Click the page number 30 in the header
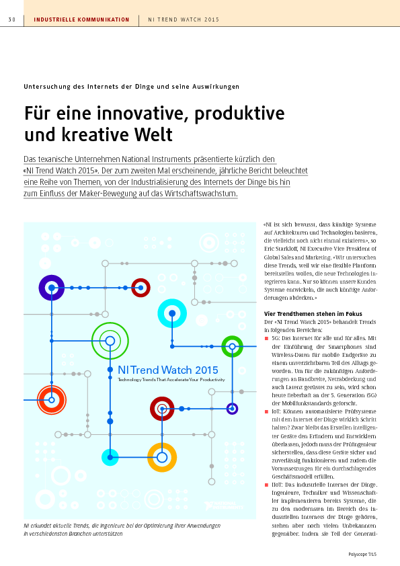coord(12,20)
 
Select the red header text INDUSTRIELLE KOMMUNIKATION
coord(81,20)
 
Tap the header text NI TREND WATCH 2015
coord(184,20)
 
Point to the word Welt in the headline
coord(153,134)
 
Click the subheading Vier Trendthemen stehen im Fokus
coord(313,314)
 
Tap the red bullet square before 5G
coord(266,339)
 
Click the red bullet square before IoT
coord(266,412)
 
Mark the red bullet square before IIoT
coord(266,485)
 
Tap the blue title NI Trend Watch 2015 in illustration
coord(168,370)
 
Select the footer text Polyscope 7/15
coord(362,555)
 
